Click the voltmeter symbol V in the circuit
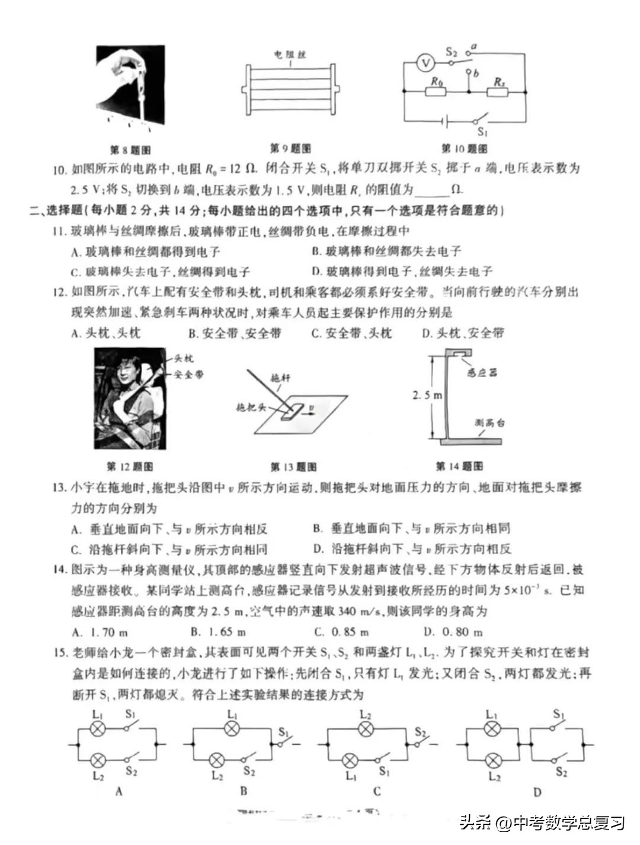(x=424, y=62)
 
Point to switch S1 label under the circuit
(x=482, y=133)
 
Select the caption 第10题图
(x=465, y=148)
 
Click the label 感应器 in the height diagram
(x=481, y=373)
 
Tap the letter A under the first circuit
(x=119, y=791)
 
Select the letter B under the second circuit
(x=244, y=790)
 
